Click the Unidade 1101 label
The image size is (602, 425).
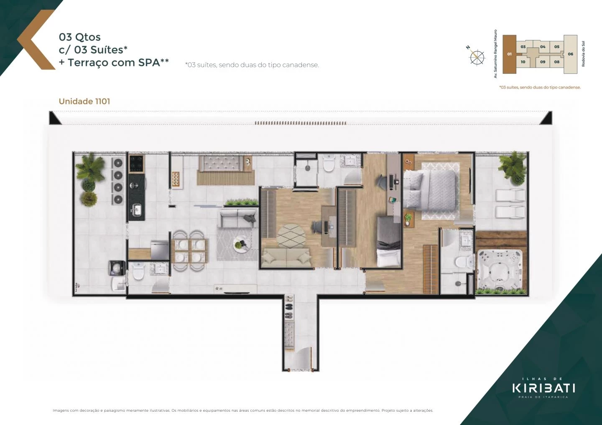[84, 101]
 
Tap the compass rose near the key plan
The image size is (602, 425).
[477, 57]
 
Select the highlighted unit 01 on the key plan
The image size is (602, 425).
[509, 54]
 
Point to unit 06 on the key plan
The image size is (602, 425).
[570, 54]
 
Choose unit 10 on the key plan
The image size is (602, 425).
[523, 62]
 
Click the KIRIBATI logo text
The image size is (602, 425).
[543, 388]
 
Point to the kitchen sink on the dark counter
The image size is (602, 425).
[135, 210]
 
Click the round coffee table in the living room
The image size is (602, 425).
[241, 245]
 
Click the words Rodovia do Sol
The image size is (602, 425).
[584, 54]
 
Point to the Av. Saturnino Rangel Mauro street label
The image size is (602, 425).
[495, 53]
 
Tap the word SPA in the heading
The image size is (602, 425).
[149, 63]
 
